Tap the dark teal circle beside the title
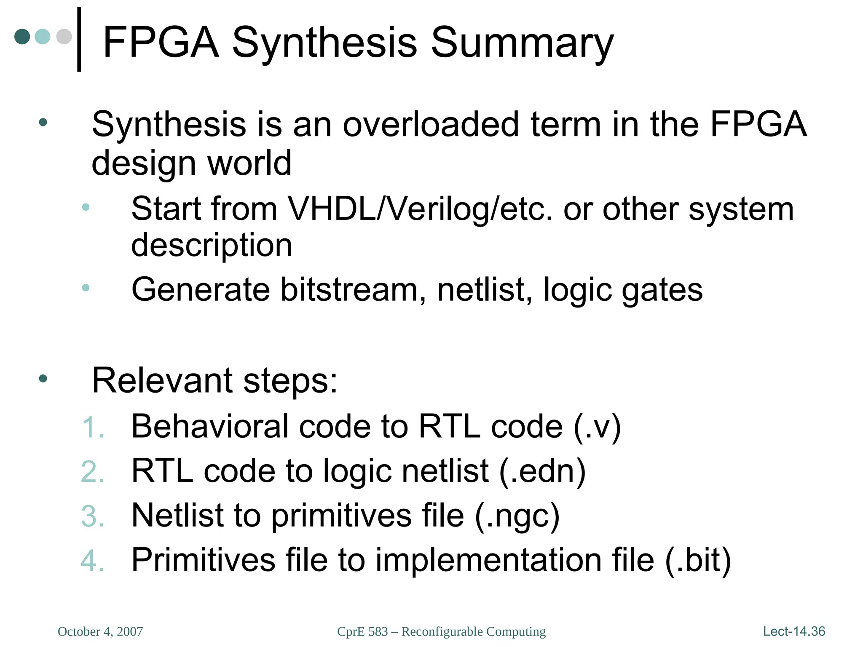[22, 37]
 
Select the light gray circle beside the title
[64, 37]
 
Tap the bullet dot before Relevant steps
[43, 379]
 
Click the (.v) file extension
[597, 427]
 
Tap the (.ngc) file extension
[517, 516]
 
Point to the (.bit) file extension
[697, 560]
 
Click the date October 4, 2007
[100, 631]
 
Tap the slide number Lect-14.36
[794, 631]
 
